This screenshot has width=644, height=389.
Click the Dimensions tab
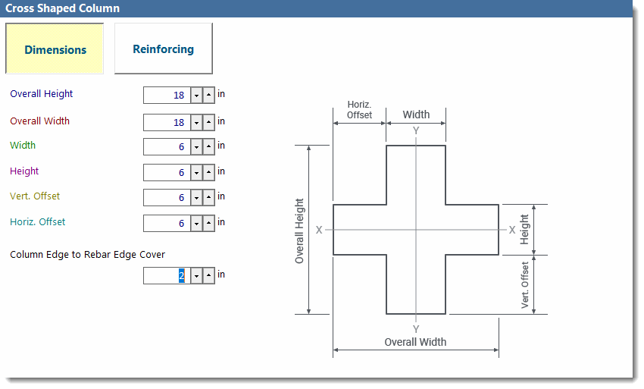tap(55, 50)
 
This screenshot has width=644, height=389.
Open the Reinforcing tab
tap(163, 49)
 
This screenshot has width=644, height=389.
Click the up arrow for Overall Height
tap(208, 96)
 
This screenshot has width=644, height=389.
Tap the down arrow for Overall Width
tap(196, 122)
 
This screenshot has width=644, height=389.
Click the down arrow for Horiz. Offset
tap(196, 223)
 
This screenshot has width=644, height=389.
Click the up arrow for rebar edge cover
tap(208, 275)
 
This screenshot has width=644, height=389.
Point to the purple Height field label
tap(24, 171)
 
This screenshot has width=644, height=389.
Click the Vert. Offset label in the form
tap(35, 196)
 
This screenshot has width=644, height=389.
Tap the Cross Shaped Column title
tap(62, 8)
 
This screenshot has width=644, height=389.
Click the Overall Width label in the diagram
tap(415, 342)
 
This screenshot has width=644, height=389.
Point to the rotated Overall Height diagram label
tap(299, 231)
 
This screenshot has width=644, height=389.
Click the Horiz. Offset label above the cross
tap(359, 109)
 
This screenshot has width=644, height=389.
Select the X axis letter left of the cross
tap(319, 230)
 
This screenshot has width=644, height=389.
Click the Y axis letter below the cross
tap(416, 328)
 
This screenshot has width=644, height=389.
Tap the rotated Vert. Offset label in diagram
tap(525, 285)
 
